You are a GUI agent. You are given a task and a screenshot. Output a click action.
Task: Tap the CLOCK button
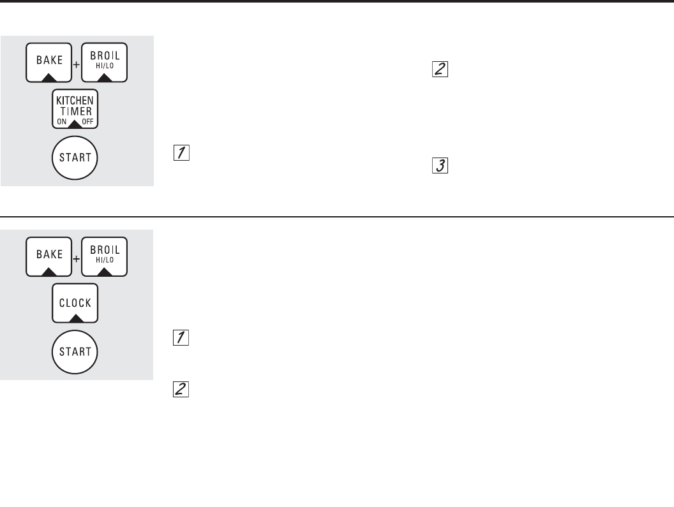[75, 303]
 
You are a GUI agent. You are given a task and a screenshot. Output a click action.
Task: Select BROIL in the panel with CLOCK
[105, 256]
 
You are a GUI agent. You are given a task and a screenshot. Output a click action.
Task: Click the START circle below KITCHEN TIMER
[75, 157]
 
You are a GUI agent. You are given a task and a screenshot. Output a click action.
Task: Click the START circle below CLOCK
[75, 351]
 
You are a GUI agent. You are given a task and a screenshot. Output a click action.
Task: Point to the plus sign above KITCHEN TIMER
[77, 65]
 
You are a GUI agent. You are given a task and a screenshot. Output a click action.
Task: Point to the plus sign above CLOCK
[77, 259]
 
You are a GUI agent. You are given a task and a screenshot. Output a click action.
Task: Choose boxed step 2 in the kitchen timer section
[440, 70]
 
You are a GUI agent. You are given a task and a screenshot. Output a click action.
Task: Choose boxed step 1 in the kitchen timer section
[181, 153]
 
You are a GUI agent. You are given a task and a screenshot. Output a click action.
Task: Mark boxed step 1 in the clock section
[181, 339]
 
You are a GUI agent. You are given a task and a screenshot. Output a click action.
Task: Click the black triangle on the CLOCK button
[75, 318]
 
